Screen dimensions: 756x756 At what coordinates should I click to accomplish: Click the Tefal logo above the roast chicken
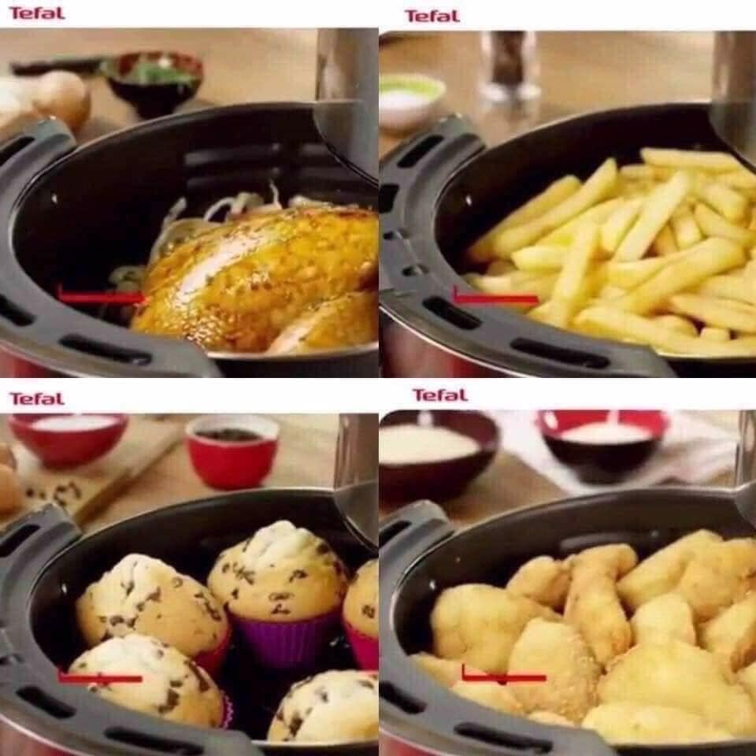click(36, 13)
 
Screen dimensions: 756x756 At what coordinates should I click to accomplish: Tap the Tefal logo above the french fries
click(432, 16)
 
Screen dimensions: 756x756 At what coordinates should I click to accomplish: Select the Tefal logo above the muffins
click(36, 398)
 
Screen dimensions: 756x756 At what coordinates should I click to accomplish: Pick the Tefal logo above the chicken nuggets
click(439, 395)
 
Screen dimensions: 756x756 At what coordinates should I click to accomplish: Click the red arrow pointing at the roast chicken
click(102, 298)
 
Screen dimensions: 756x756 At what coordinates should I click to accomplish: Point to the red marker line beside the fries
click(495, 298)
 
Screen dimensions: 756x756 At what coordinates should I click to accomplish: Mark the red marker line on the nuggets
click(503, 676)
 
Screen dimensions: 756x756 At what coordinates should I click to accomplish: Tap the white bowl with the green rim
click(411, 98)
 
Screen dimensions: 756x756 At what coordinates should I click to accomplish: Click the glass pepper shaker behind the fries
click(509, 66)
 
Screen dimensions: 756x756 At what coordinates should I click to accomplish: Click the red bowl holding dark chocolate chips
click(232, 450)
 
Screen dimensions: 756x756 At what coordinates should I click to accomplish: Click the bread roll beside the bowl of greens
click(59, 98)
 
